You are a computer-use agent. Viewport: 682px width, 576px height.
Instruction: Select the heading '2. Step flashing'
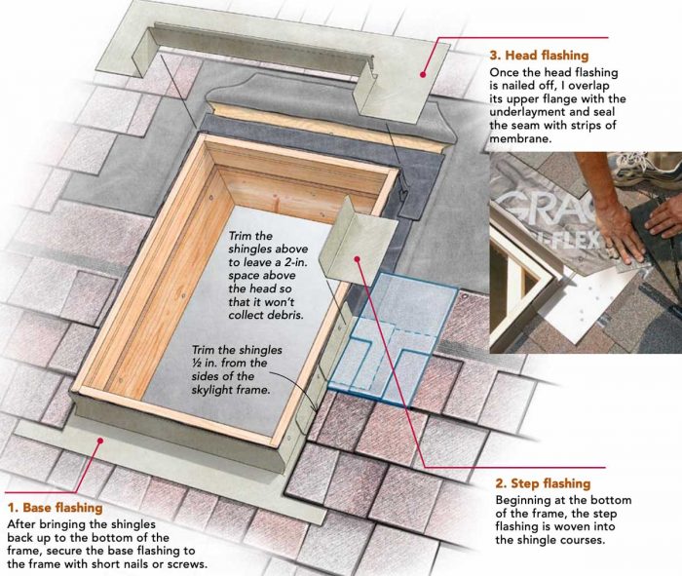click(544, 482)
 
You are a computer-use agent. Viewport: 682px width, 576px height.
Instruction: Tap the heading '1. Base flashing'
click(57, 508)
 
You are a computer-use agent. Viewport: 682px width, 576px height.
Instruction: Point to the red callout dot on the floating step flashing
click(360, 258)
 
